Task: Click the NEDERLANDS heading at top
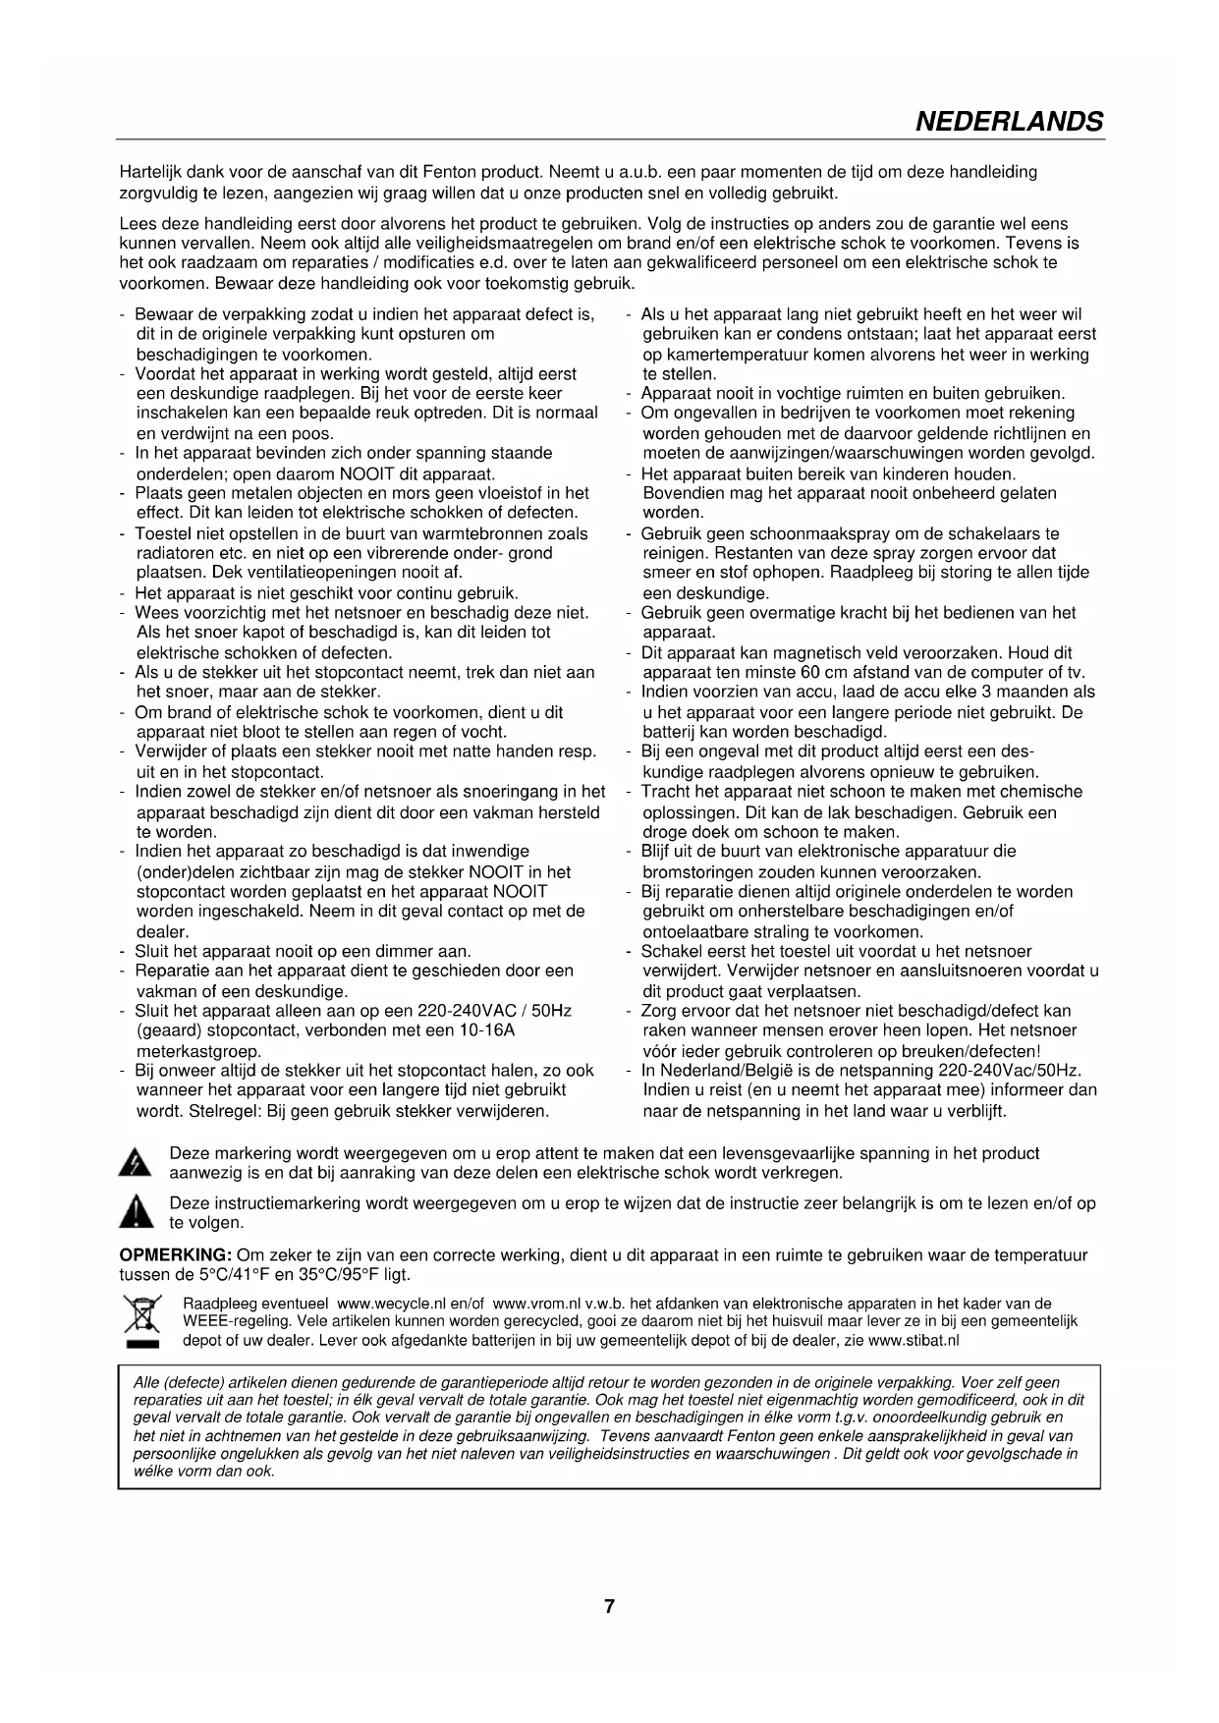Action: tap(1009, 122)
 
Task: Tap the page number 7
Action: tap(609, 1607)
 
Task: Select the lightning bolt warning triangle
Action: tap(134, 1164)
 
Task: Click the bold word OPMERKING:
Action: tap(175, 1255)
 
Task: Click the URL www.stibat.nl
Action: tap(914, 1340)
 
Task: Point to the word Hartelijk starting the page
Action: tap(150, 172)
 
